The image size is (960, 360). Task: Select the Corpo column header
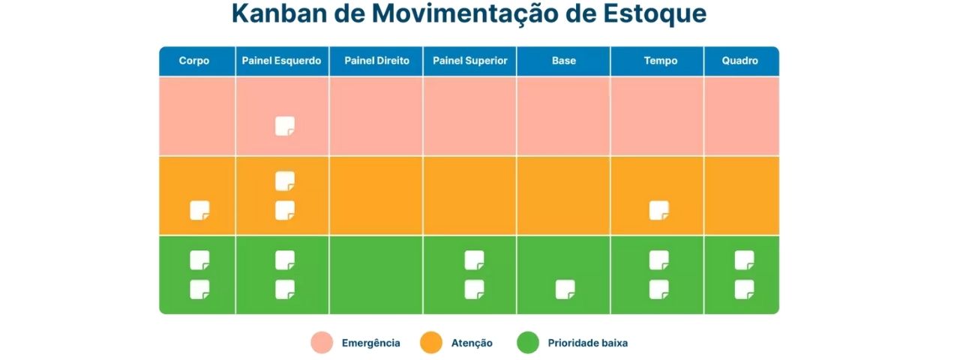pyautogui.click(x=194, y=61)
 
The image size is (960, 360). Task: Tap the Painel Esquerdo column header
pyautogui.click(x=282, y=61)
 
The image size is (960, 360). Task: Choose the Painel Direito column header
pyautogui.click(x=376, y=61)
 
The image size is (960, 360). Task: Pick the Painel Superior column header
pyautogui.click(x=470, y=61)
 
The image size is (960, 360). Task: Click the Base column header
pyautogui.click(x=564, y=61)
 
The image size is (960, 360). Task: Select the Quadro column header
pyautogui.click(x=740, y=61)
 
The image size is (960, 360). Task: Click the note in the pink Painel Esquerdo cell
pyautogui.click(x=284, y=126)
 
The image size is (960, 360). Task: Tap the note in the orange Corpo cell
pyautogui.click(x=199, y=211)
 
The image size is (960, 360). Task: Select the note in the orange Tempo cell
pyautogui.click(x=658, y=211)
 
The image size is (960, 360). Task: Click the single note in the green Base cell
pyautogui.click(x=565, y=289)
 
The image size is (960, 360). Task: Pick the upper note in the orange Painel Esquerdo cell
pyautogui.click(x=284, y=181)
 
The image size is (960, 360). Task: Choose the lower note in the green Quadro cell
pyautogui.click(x=744, y=289)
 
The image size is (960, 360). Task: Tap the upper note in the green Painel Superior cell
pyautogui.click(x=474, y=260)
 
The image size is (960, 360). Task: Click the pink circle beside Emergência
pyautogui.click(x=321, y=343)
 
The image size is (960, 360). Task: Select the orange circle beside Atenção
pyautogui.click(x=430, y=343)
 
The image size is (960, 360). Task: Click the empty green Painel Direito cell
pyautogui.click(x=376, y=274)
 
